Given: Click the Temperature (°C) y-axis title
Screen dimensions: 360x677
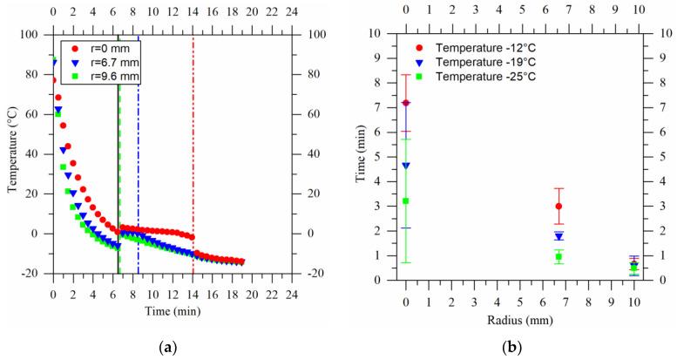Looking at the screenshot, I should (x=13, y=154).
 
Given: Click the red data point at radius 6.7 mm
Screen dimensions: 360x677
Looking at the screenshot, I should (x=559, y=207).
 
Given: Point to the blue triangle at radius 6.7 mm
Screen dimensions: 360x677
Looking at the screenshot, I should (x=559, y=236).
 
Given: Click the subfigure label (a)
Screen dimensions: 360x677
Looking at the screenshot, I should (x=166, y=348).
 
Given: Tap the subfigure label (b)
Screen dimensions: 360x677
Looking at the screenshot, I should (x=520, y=348).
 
